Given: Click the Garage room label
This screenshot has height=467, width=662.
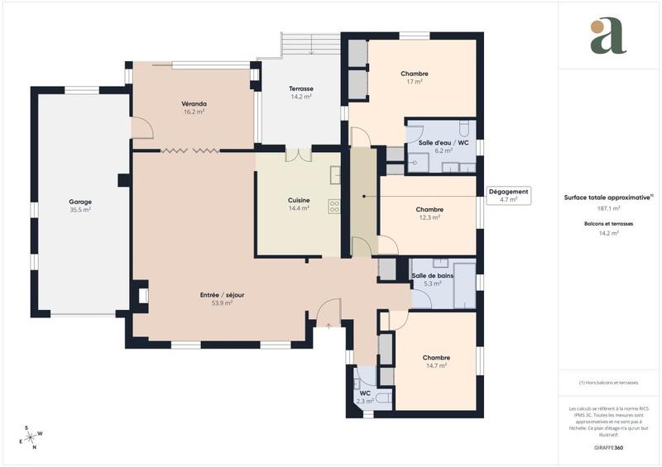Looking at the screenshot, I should (x=80, y=202).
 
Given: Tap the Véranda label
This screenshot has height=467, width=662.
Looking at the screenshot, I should (x=194, y=104).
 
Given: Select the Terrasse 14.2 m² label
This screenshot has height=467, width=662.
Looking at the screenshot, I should (x=300, y=89).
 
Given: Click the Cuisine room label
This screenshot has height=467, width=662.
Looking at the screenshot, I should (x=299, y=200).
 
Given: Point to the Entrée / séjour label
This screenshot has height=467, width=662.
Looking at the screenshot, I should (x=221, y=295).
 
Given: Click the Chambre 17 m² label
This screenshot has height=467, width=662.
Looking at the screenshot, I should (x=415, y=74).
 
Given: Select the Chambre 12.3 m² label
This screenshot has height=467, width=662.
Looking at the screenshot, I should (x=429, y=210).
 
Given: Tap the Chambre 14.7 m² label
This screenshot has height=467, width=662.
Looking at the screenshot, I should (x=436, y=357).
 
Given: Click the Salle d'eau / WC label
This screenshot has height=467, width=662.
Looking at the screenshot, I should (x=444, y=143).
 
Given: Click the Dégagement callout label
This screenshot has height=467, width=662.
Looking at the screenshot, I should (x=508, y=192).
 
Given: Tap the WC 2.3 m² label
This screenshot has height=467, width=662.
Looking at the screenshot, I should (x=365, y=393).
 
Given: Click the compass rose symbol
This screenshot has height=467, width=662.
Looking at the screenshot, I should (x=32, y=436).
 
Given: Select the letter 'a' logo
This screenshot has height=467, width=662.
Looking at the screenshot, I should (x=608, y=36).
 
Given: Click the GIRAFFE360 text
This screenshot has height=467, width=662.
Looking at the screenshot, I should (x=608, y=447).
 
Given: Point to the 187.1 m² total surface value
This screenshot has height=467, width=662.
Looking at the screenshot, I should (x=608, y=209).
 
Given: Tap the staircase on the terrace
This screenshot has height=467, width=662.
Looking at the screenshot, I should (x=311, y=44).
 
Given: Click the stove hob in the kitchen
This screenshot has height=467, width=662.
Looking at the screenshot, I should (x=334, y=207).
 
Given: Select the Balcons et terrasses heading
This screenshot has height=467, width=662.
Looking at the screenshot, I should (x=608, y=224).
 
